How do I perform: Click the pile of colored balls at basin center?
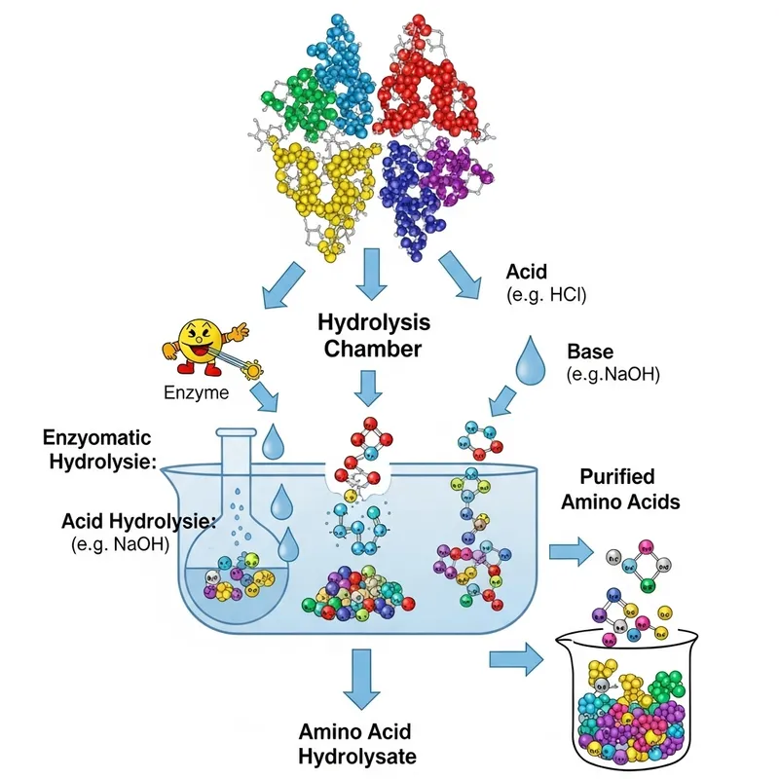360,589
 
